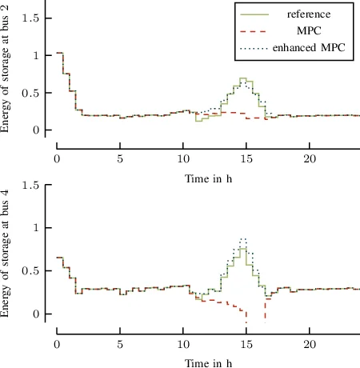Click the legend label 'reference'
[x=309, y=14]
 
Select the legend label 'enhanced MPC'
[x=309, y=49]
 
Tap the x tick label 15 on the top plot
[x=246, y=159]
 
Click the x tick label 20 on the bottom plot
[x=310, y=344]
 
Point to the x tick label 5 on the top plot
[x=120, y=159]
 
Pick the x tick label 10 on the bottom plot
[x=183, y=344]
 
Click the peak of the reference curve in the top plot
[x=243, y=79]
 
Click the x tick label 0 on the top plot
[x=57, y=159]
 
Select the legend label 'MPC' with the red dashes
[x=309, y=31]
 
